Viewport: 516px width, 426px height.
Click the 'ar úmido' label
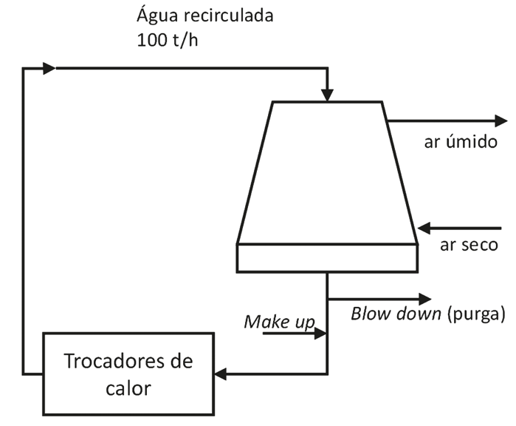460,142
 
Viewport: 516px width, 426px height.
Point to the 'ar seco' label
468,245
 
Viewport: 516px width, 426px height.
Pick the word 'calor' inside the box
128,388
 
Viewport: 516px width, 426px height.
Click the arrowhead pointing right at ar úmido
500,121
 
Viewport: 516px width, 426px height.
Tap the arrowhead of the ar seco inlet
424,227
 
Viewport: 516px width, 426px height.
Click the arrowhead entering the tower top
327,95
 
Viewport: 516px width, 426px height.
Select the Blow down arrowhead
424,298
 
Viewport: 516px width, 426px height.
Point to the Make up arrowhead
320,334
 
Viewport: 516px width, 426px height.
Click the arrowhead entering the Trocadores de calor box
221,373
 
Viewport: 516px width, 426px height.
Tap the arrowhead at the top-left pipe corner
49,69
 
